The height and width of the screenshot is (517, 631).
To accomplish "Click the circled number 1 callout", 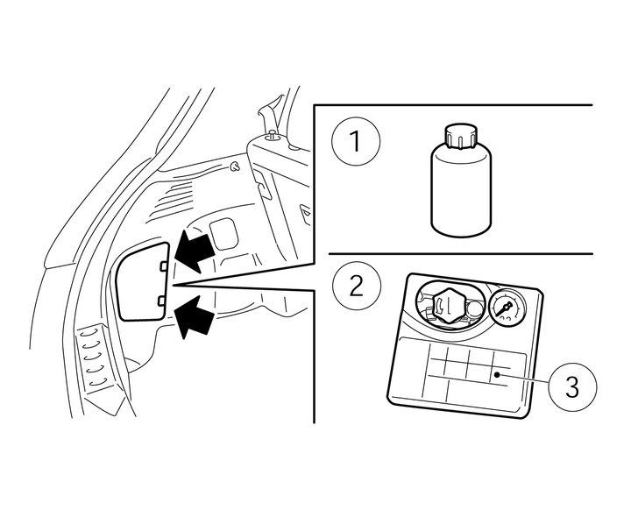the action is coord(356,141).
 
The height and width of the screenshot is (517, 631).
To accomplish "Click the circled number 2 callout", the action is coord(357,286).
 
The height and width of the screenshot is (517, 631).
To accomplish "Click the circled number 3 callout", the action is coord(572,386).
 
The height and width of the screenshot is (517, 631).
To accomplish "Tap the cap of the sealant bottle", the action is coord(461,137).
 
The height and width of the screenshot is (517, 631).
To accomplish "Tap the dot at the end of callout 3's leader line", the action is coord(498,375).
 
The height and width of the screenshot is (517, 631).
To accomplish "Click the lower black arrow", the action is coord(194,317).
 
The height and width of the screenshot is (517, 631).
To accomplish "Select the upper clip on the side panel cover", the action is coord(163,266).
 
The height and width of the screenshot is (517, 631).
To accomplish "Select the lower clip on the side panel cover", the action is coord(162,301).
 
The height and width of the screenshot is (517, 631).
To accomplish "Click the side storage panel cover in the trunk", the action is coord(142,281).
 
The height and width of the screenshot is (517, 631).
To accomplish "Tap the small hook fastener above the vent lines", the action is coord(234,166).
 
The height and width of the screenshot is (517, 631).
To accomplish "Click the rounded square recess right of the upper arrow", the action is coord(223,233).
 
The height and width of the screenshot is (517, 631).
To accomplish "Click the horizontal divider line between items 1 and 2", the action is coord(460,254).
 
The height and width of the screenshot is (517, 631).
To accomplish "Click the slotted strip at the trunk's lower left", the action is coord(96,358).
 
